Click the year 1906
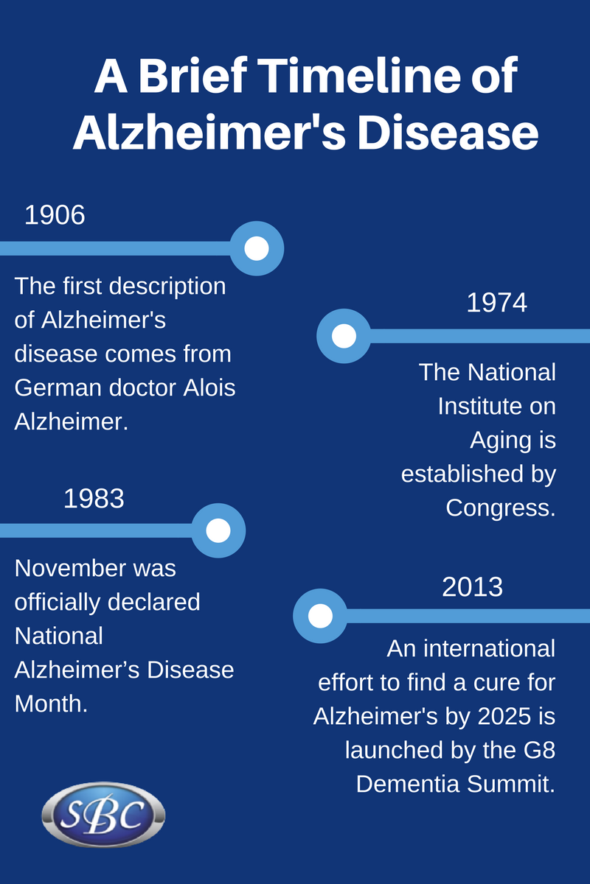tap(55, 215)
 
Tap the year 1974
tap(496, 303)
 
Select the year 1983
tap(94, 499)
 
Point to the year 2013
tap(472, 586)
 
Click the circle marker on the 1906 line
tap(257, 248)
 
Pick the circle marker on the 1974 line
tap(344, 336)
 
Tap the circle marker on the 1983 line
tap(218, 530)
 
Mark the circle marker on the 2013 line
tap(320, 616)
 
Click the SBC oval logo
tap(103, 816)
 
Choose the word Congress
tap(500, 508)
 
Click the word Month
tap(50, 704)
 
